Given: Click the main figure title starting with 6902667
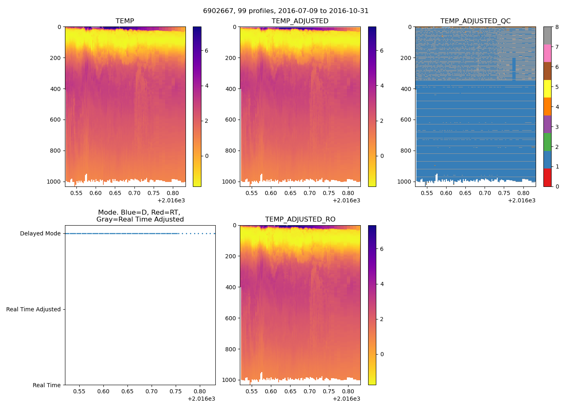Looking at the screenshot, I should pyautogui.click(x=286, y=11).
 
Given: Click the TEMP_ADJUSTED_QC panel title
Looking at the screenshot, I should pyautogui.click(x=475, y=21).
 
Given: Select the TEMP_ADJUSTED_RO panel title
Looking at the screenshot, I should pyautogui.click(x=300, y=220).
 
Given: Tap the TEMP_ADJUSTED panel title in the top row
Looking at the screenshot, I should pyautogui.click(x=300, y=21).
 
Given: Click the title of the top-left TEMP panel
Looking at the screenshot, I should pyautogui.click(x=125, y=21).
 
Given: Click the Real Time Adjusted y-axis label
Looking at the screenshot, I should pyautogui.click(x=33, y=310).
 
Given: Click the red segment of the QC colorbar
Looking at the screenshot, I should pyautogui.click(x=547, y=177).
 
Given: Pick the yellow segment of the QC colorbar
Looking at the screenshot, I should pyautogui.click(x=547, y=89).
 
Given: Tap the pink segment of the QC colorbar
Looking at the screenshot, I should pyautogui.click(x=547, y=53).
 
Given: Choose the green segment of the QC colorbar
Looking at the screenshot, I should pyautogui.click(x=547, y=142).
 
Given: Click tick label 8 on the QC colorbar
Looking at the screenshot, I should pyautogui.click(x=557, y=27).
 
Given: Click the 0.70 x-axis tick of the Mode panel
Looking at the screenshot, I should pyautogui.click(x=152, y=392).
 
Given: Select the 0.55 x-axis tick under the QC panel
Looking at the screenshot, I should pyautogui.click(x=427, y=193).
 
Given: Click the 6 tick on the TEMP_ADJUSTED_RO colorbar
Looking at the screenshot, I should pyautogui.click(x=382, y=249).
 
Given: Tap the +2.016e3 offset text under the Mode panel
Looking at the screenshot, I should pyautogui.click(x=201, y=399).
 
